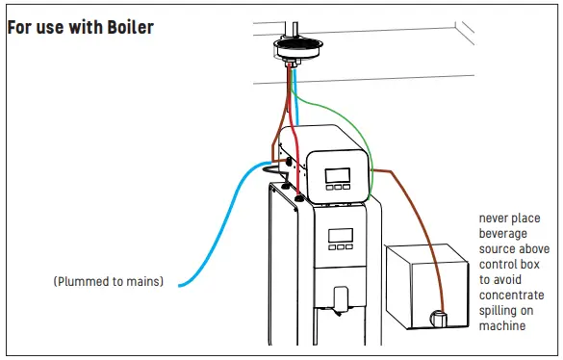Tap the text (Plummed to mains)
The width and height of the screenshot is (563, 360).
(x=109, y=282)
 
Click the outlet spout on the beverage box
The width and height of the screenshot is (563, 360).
(x=442, y=316)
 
